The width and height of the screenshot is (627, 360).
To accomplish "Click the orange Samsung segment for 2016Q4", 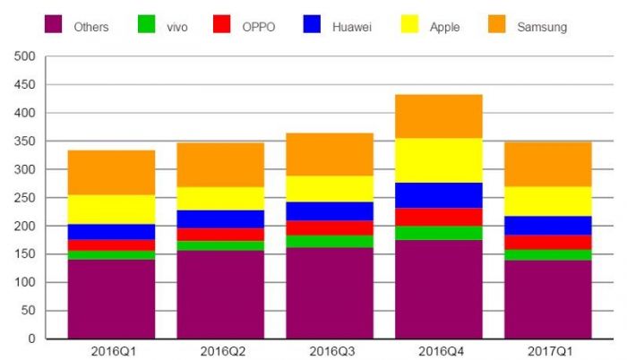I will [x=439, y=116].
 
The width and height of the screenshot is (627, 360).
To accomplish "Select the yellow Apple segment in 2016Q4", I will [x=439, y=160].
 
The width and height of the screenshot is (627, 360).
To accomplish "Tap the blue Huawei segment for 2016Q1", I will [x=111, y=231].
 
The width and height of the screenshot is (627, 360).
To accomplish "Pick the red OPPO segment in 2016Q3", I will [x=330, y=227].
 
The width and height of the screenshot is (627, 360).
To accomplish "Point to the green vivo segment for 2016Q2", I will [x=220, y=245].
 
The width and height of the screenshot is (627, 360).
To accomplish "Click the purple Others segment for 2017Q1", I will [x=547, y=299].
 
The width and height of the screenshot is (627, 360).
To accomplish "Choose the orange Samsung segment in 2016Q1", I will [x=111, y=172].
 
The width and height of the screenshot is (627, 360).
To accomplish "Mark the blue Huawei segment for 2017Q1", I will [x=547, y=225].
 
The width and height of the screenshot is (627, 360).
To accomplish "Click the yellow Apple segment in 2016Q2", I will [x=220, y=198].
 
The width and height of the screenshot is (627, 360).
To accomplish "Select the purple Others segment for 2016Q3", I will [x=330, y=293].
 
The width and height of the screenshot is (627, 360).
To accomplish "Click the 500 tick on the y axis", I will [x=24, y=56].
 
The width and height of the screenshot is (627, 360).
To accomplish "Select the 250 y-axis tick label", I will [x=24, y=198].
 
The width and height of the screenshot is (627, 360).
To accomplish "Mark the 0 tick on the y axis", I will [x=30, y=339].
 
